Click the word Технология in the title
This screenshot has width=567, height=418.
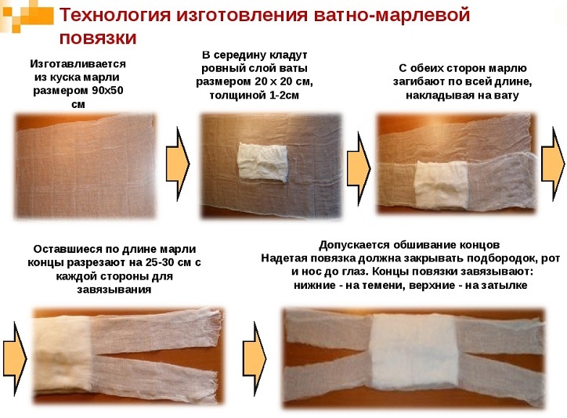click(x=114, y=15)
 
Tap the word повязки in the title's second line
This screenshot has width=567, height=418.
click(x=98, y=38)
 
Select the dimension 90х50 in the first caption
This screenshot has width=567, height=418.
click(x=108, y=90)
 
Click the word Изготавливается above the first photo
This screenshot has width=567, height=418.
click(x=78, y=64)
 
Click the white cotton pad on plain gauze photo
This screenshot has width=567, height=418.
click(x=262, y=162)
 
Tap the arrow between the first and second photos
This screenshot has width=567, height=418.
click(x=178, y=164)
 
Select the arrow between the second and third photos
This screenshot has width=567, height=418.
click(x=359, y=168)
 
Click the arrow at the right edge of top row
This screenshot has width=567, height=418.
click(x=553, y=164)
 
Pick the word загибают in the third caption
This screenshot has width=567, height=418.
click(x=416, y=81)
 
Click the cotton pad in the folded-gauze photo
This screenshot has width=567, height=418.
click(x=441, y=185)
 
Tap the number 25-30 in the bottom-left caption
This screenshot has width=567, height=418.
click(x=161, y=262)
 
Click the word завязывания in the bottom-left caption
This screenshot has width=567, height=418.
click(x=114, y=290)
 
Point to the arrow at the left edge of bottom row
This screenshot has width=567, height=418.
click(x=15, y=359)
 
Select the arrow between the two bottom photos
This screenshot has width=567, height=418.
click(x=255, y=359)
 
